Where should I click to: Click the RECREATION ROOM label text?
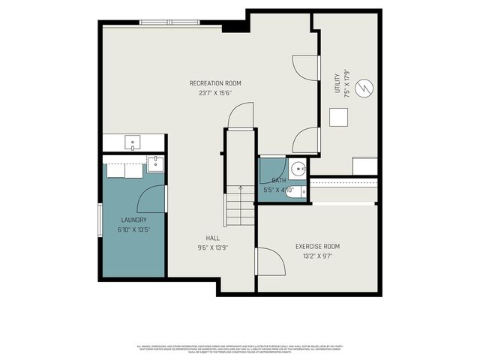[x=215, y=83]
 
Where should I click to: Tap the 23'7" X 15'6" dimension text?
[x=215, y=94]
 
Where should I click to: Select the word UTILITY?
[x=337, y=80]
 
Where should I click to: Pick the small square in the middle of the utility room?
[x=339, y=118]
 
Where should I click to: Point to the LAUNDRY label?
[x=133, y=220]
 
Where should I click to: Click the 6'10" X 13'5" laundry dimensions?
[x=133, y=230]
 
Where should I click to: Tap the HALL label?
[x=212, y=238]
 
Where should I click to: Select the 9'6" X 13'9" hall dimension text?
[x=212, y=247]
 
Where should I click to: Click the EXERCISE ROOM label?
[x=317, y=246]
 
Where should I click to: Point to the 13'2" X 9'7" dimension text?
[x=317, y=256]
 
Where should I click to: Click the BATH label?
[x=278, y=181]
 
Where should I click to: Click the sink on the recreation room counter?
[x=133, y=141]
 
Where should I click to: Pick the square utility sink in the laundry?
[x=154, y=163]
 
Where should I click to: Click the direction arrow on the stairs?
[x=240, y=191]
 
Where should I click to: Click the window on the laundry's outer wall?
[x=100, y=219]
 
